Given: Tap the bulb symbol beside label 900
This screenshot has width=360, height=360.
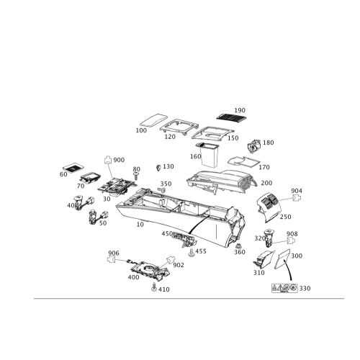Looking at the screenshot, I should pos(109,158).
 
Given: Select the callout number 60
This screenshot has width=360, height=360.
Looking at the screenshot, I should pos(63,174).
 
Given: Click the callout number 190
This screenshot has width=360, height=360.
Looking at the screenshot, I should pos(240,110).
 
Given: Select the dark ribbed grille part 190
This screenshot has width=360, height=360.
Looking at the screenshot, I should pos(232,117).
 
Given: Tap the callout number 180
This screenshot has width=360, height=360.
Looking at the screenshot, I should pos(269,143).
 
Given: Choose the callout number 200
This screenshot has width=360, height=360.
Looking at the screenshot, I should pos(266,183).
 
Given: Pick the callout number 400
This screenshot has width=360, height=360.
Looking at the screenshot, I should pos(134,276).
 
